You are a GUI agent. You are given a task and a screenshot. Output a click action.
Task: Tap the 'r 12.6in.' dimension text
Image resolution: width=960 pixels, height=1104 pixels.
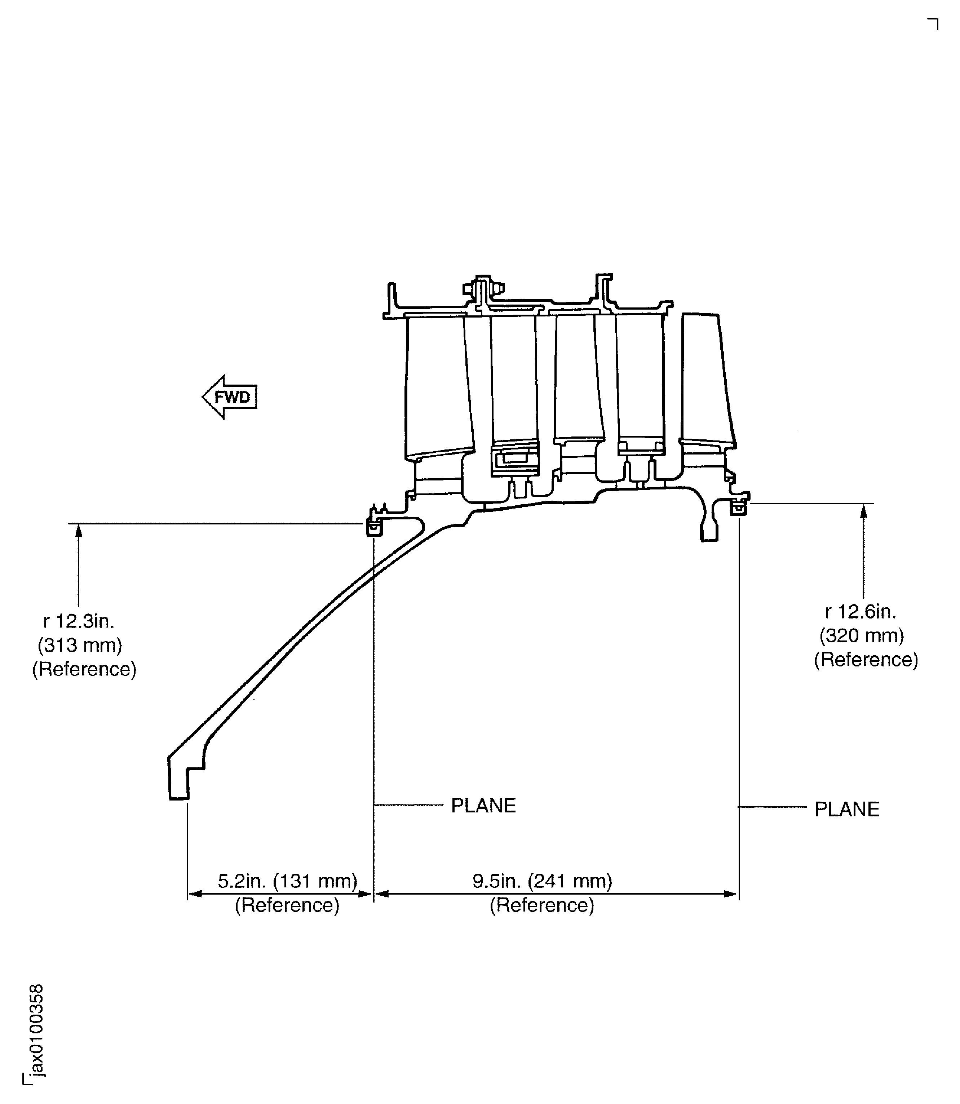pos(861,611)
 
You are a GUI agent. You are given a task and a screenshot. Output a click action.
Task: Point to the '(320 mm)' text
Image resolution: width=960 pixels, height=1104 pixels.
pos(862,635)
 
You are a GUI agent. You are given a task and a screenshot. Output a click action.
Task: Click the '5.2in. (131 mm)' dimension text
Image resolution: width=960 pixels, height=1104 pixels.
pos(287,881)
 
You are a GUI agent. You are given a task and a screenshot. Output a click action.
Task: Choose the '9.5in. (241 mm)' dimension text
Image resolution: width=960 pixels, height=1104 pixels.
pos(542,881)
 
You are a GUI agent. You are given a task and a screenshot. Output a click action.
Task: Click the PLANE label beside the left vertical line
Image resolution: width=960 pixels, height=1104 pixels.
pos(483,806)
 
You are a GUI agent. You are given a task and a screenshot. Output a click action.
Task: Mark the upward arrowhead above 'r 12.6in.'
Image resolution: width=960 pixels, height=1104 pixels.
pos(863,511)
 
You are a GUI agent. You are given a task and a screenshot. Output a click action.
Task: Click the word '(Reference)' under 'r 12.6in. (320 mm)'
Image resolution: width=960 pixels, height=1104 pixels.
pos(866,659)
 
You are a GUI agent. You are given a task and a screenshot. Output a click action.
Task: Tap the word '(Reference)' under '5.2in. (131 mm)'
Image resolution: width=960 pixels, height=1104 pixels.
pos(287,905)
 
